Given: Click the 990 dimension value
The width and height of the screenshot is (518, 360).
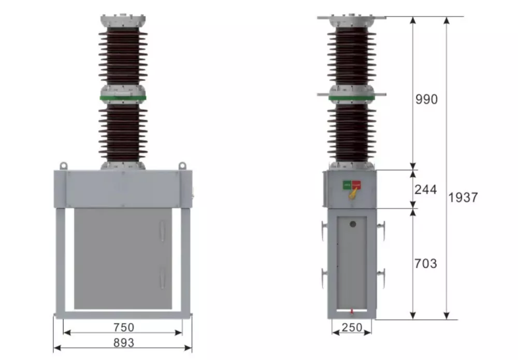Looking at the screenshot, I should pyautogui.click(x=426, y=99).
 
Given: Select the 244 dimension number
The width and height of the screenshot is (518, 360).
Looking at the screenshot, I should pyautogui.click(x=425, y=190).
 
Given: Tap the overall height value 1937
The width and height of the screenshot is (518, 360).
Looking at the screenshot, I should pyautogui.click(x=463, y=197).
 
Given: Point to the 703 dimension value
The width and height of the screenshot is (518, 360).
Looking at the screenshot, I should pyautogui.click(x=425, y=264).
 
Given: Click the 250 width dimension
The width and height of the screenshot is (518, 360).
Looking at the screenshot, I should pyautogui.click(x=352, y=328).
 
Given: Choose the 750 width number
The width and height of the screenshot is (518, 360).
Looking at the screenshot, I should pyautogui.click(x=123, y=327).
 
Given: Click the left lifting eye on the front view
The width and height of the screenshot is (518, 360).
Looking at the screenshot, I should pyautogui.click(x=63, y=165).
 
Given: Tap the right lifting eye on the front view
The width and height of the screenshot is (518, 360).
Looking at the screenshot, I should pyautogui.click(x=182, y=165).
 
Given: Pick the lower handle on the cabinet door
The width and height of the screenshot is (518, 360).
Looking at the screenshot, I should pyautogui.click(x=161, y=278).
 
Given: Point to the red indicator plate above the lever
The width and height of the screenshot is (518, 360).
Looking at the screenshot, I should pyautogui.click(x=356, y=184).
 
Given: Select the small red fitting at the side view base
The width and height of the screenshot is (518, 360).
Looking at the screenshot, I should pyautogui.click(x=352, y=311).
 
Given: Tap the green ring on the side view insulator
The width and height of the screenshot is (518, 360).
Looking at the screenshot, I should pyautogui.click(x=352, y=96).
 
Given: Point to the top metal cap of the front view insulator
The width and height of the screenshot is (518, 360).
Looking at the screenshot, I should pyautogui.click(x=123, y=21).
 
